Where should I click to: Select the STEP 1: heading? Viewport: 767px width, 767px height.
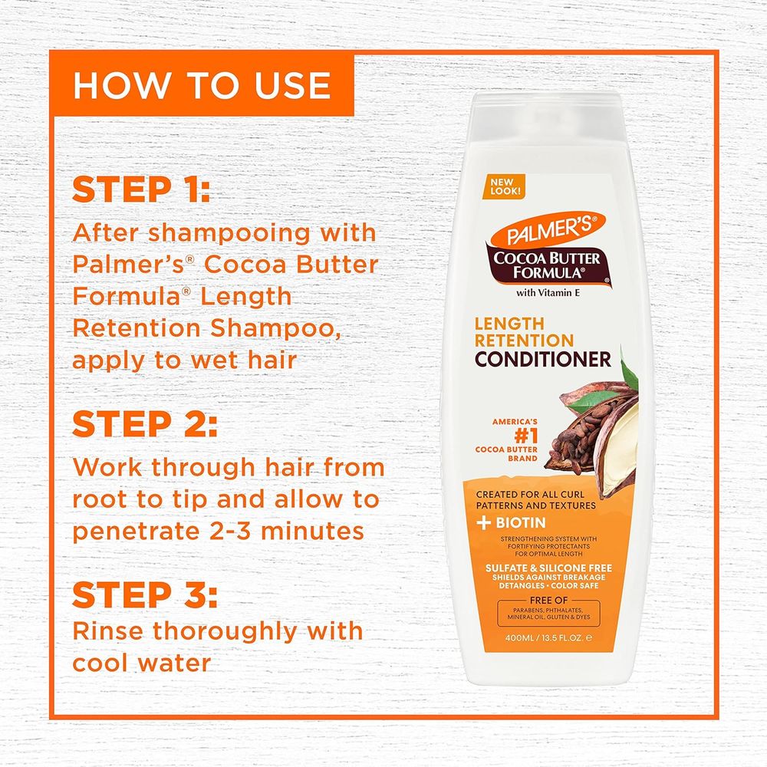(140, 190)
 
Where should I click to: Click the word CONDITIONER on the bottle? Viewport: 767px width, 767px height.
(543, 358)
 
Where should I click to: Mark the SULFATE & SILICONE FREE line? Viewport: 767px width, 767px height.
(542, 567)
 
